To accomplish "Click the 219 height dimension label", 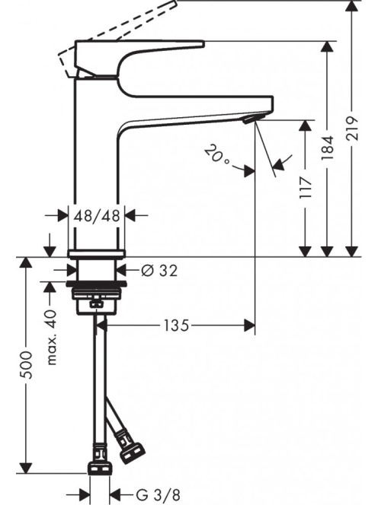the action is (x=352, y=129).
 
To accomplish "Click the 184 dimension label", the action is (x=328, y=148).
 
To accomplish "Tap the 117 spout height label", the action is (x=306, y=187).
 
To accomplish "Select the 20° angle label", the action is (x=217, y=154).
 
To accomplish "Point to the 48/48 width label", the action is (x=97, y=215).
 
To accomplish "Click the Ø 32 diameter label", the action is (x=159, y=271).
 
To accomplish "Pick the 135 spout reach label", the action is (x=176, y=326).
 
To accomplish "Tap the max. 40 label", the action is (x=51, y=337).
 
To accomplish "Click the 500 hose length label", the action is (x=25, y=365).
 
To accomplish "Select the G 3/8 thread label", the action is (x=158, y=494).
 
